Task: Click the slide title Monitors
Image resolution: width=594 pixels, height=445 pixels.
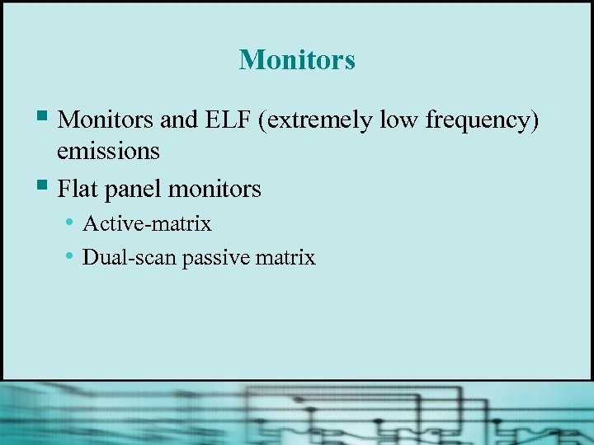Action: [297, 59]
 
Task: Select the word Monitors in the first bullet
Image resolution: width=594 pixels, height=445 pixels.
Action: [106, 120]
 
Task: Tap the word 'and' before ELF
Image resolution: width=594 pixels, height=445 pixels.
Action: [179, 120]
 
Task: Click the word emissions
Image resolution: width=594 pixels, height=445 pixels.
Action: [108, 152]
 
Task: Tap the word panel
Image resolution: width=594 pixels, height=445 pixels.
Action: [133, 190]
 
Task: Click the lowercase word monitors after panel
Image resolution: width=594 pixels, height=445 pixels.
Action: [214, 190]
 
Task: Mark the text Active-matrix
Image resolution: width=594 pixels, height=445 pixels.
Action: [147, 223]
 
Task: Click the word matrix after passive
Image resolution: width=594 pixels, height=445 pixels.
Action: [285, 258]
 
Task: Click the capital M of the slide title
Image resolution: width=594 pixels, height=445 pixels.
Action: [250, 59]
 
